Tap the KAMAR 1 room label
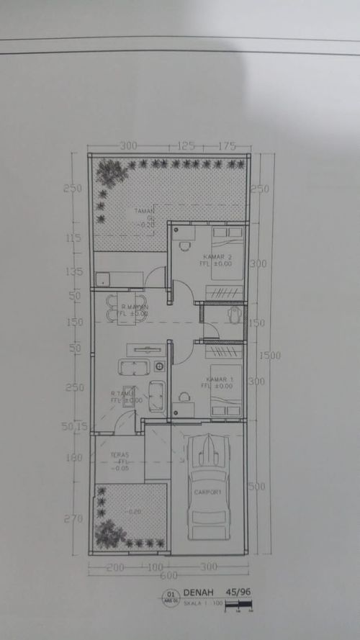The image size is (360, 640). click(220, 379)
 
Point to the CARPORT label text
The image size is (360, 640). click(209, 492)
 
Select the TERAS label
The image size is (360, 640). click(120, 455)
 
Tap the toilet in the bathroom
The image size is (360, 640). click(234, 315)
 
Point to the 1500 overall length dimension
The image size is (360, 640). click(270, 355)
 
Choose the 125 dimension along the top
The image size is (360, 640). click(186, 146)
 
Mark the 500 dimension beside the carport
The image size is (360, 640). click(257, 487)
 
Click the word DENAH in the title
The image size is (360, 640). click(194, 592)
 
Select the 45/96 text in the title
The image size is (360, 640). click(237, 592)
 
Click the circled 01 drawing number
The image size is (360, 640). click(171, 595)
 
